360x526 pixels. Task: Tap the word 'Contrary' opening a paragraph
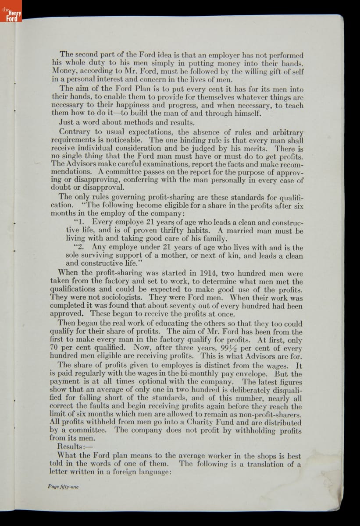click(x=75, y=132)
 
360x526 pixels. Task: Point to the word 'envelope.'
click(x=253, y=374)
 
